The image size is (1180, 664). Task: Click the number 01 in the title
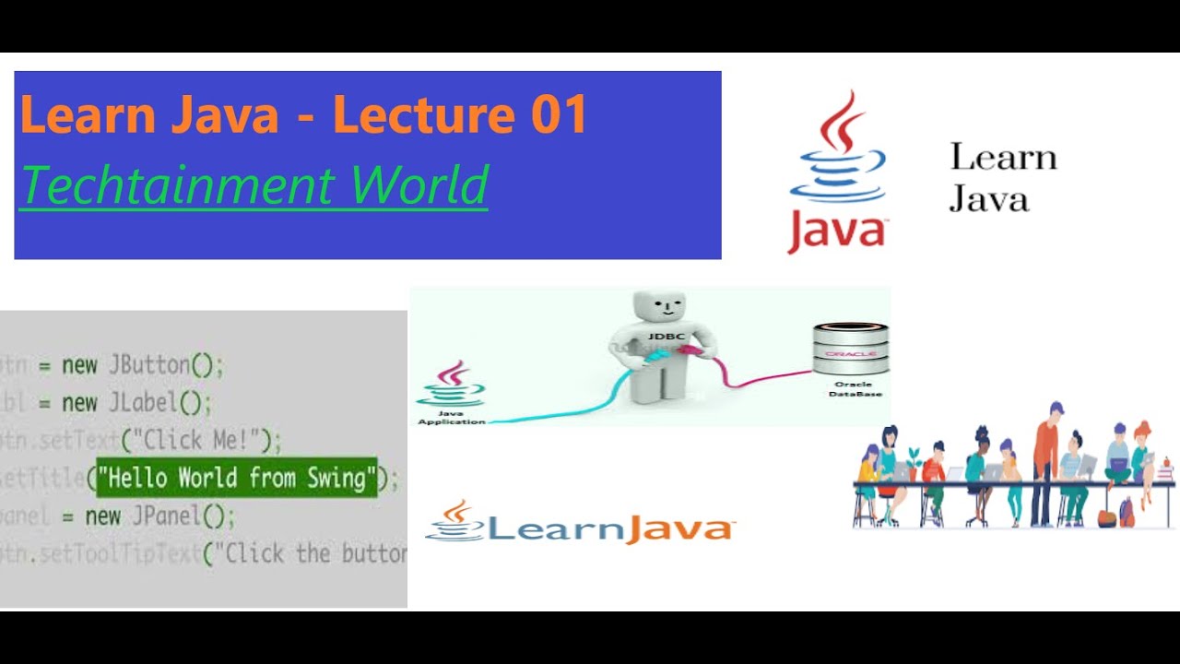coord(559,115)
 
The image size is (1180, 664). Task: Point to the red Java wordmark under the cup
coord(836,231)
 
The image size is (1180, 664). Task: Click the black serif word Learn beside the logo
coord(1003,157)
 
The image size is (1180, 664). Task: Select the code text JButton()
coord(166,365)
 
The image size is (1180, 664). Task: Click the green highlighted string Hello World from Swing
coord(237,478)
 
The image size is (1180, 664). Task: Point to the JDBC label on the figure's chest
coord(666,337)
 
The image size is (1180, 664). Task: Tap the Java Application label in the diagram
coord(451,418)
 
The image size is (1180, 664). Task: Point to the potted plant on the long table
coord(914,458)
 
